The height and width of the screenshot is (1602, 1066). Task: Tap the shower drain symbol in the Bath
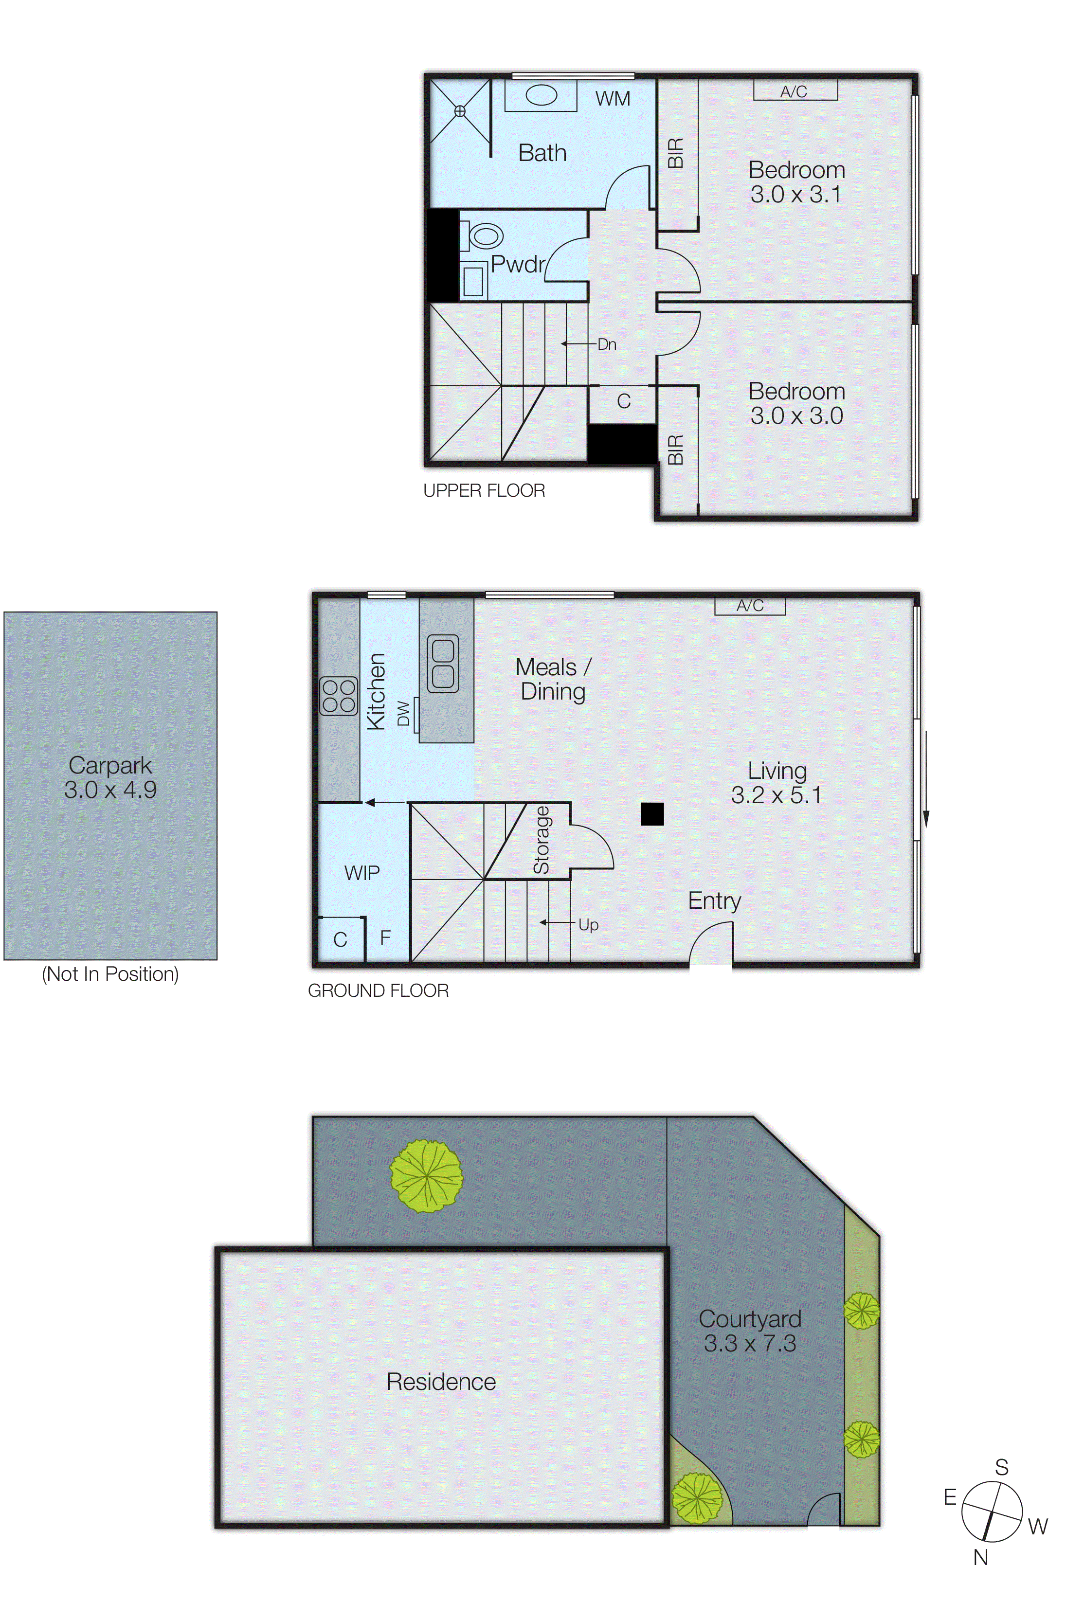pyautogui.click(x=460, y=111)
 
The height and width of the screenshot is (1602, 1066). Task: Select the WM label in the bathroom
pyautogui.click(x=613, y=99)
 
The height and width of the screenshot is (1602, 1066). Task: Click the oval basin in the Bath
pyautogui.click(x=541, y=95)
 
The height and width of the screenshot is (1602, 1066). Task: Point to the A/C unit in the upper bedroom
pyautogui.click(x=795, y=90)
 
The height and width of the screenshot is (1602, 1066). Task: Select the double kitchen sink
pyautogui.click(x=443, y=664)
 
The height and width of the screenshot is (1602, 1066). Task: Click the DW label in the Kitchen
pyautogui.click(x=404, y=714)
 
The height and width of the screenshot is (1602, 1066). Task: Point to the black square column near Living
pyautogui.click(x=652, y=813)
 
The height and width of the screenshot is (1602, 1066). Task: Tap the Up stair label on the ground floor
pyautogui.click(x=588, y=925)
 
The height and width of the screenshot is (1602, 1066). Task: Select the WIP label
pyautogui.click(x=361, y=873)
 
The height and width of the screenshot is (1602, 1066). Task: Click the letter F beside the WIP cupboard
pyautogui.click(x=385, y=938)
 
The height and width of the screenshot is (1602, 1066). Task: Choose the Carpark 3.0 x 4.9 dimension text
pyautogui.click(x=110, y=790)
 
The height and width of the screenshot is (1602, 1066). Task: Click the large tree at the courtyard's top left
pyautogui.click(x=426, y=1176)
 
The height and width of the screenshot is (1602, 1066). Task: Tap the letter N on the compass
pyautogui.click(x=980, y=1557)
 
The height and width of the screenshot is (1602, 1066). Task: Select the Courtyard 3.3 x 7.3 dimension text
pyautogui.click(x=750, y=1343)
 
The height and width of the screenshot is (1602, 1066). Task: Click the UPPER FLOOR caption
pyautogui.click(x=484, y=491)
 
